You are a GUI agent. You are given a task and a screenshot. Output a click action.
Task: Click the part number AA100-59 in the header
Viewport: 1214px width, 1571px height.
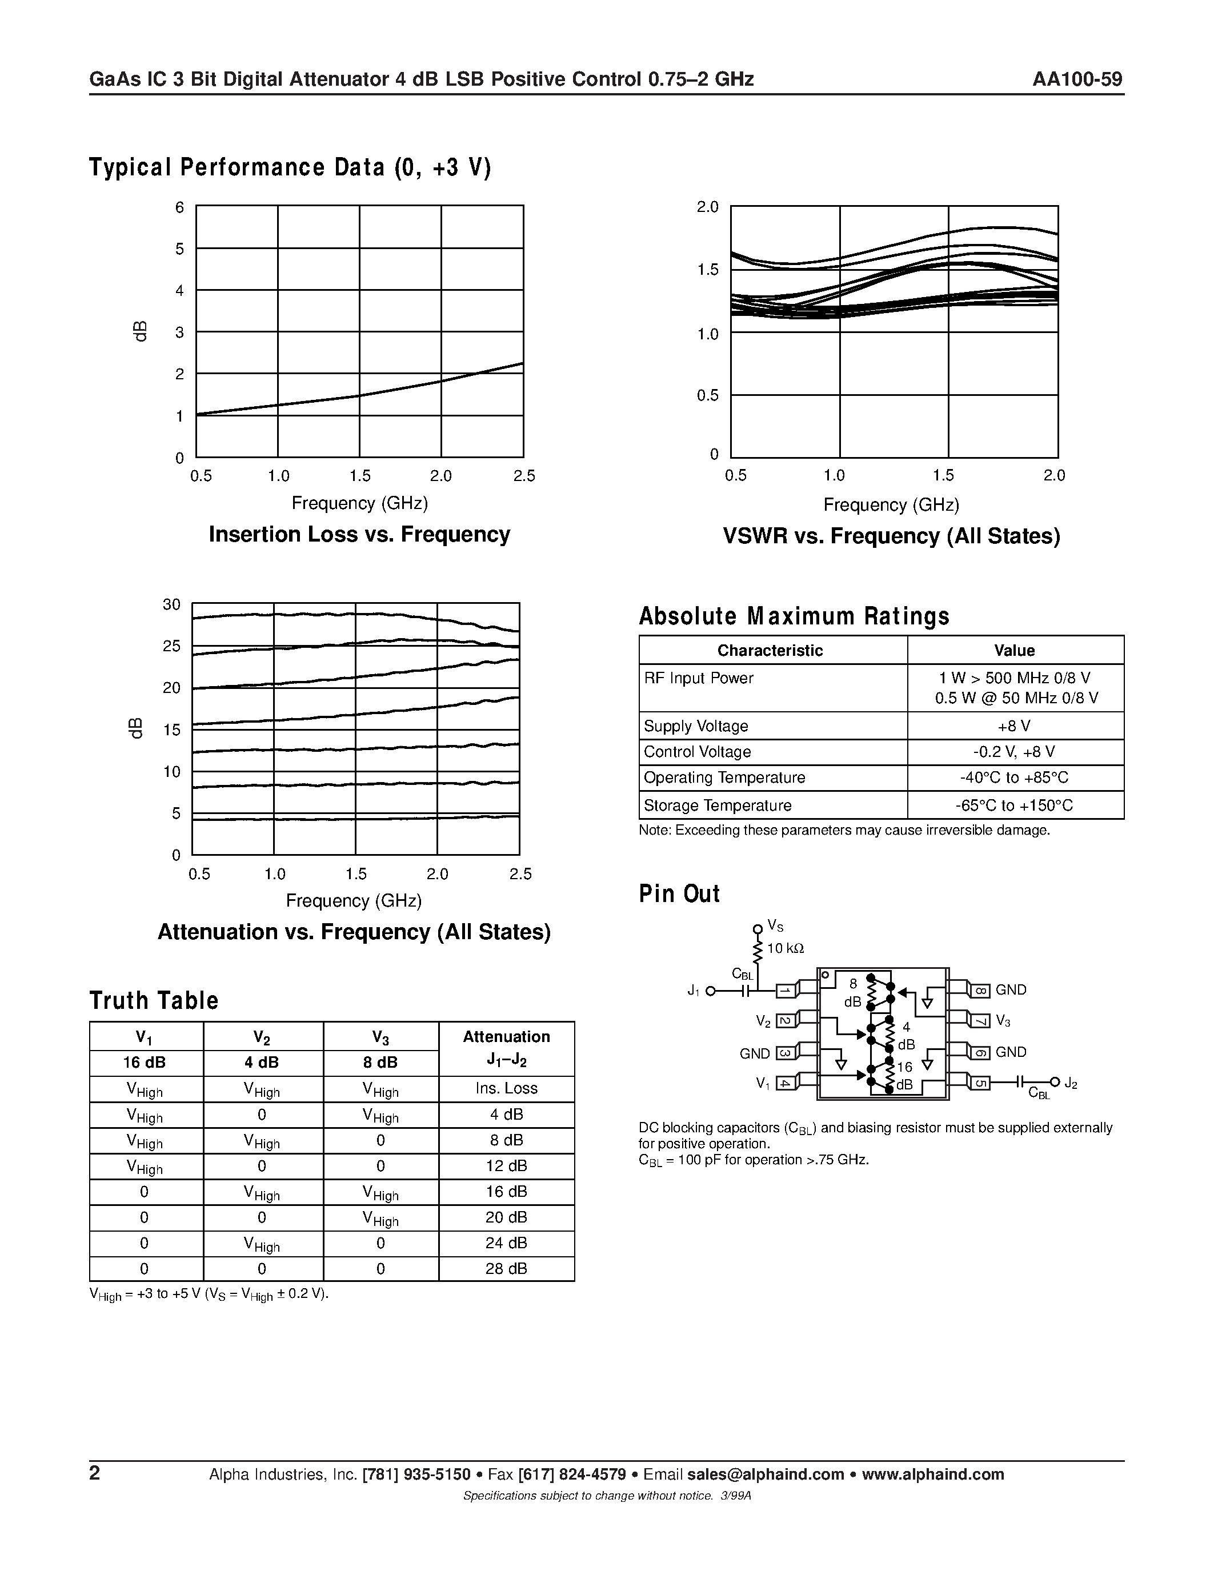click(1077, 79)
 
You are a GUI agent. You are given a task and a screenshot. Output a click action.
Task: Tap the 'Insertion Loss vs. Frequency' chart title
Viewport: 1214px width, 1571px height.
click(359, 535)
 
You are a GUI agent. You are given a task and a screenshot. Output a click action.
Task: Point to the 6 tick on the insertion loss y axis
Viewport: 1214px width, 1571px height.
click(180, 208)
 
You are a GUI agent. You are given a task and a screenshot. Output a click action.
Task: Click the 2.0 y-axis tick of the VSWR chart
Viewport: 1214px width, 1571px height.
click(708, 207)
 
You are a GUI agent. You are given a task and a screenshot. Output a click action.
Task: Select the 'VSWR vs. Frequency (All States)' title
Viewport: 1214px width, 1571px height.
click(891, 536)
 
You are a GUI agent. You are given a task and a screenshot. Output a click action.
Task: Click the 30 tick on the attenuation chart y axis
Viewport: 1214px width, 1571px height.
click(172, 604)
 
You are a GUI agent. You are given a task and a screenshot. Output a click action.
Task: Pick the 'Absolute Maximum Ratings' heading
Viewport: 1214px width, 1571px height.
click(794, 616)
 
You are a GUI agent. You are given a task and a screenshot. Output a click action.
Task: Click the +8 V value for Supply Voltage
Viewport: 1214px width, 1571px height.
click(1014, 726)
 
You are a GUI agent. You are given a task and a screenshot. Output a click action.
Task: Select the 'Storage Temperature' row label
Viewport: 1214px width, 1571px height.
click(717, 805)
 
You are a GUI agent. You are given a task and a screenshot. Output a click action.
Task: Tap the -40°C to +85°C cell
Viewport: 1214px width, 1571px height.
click(1014, 778)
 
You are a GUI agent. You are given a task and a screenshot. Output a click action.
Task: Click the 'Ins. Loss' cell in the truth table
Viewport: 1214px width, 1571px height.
click(506, 1088)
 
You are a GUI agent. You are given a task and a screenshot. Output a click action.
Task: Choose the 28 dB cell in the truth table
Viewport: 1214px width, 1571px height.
click(506, 1269)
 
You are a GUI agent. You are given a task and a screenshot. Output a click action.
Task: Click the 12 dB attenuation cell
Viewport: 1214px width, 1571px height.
click(506, 1166)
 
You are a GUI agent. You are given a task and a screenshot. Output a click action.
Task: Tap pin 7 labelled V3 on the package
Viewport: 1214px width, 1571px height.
click(980, 1021)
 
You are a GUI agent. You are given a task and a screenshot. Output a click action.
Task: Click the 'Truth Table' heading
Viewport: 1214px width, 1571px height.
click(154, 1000)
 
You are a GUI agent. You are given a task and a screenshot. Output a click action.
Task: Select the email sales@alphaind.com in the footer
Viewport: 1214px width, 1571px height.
click(765, 1474)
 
